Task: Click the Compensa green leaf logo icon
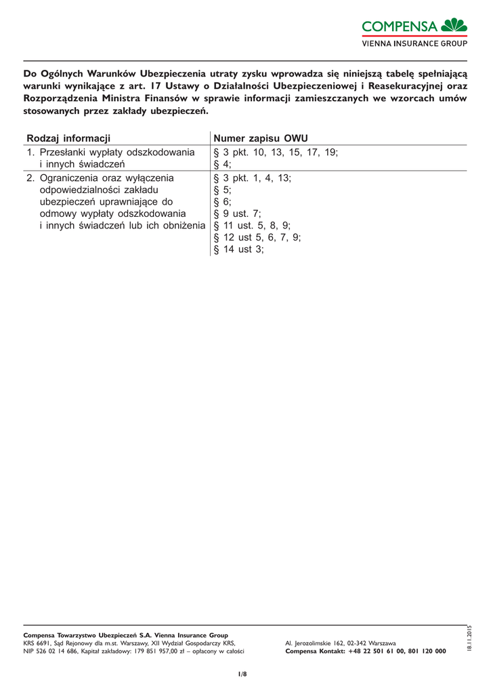[454, 25]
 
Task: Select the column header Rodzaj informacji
[68, 138]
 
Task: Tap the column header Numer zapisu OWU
[260, 138]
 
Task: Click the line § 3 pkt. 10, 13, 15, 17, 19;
[276, 152]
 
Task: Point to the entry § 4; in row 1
[222, 164]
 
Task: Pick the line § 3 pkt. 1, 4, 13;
[253, 178]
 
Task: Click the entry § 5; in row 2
[222, 190]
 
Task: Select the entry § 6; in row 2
[222, 202]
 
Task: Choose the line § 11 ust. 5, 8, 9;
[252, 226]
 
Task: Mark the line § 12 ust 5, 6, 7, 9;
[257, 237]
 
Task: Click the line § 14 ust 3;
[238, 249]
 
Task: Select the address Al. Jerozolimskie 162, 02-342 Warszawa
[341, 642]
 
